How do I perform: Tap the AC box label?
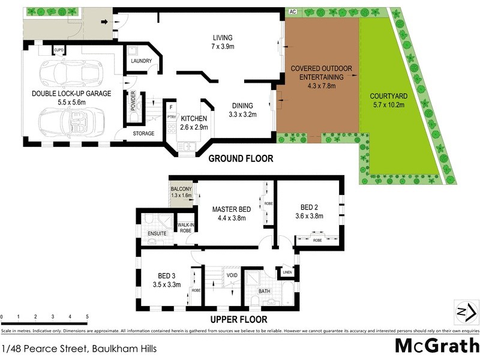coord(293,11)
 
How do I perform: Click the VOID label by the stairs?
coord(232,275)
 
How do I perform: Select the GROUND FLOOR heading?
coord(241,159)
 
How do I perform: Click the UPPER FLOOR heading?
coord(239,320)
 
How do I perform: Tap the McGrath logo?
coord(437,346)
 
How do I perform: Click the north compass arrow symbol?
coord(466,311)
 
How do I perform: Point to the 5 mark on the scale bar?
coord(87,317)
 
